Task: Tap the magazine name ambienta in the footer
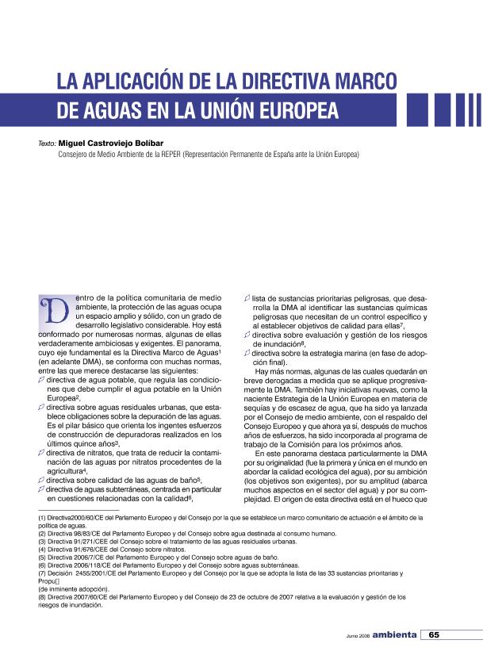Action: point(396,634)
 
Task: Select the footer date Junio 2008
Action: point(358,635)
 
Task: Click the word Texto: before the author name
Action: point(46,146)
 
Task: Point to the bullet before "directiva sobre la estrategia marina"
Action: point(246,353)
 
